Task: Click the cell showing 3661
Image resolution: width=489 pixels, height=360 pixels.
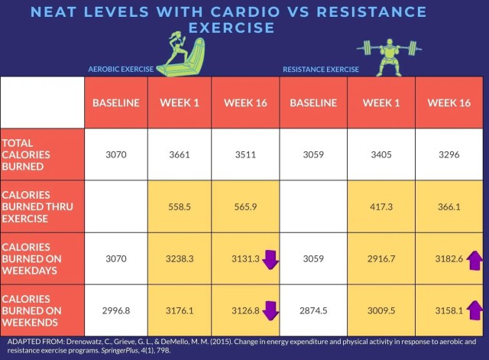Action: tap(181, 154)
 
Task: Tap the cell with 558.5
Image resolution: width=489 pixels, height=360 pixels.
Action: tap(181, 206)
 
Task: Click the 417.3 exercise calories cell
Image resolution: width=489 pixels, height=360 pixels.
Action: tap(381, 206)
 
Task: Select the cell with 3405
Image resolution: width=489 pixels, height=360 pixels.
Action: tap(381, 154)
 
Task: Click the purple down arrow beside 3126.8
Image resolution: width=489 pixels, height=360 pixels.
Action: tap(270, 310)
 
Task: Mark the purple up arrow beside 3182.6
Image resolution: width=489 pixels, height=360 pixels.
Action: tap(475, 259)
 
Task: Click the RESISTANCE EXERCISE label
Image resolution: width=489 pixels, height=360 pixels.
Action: tap(320, 70)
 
